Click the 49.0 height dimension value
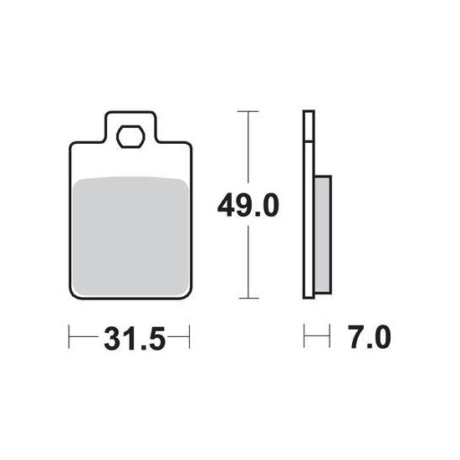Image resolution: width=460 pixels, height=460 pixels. click(248, 206)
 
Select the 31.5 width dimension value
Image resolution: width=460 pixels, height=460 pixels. click(135, 339)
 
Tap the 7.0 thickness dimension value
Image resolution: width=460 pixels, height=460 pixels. click(370, 337)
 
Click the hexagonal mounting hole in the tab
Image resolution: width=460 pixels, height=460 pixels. click(130, 136)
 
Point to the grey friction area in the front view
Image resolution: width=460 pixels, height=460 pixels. click(130, 236)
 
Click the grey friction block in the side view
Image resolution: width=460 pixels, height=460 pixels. click(323, 235)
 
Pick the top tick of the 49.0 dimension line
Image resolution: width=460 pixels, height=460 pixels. click(248, 111)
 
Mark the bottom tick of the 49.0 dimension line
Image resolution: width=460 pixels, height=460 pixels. click(248, 298)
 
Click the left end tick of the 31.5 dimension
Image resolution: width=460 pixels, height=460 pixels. click(69, 336)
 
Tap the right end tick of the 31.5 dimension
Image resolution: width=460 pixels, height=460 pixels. click(190, 336)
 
